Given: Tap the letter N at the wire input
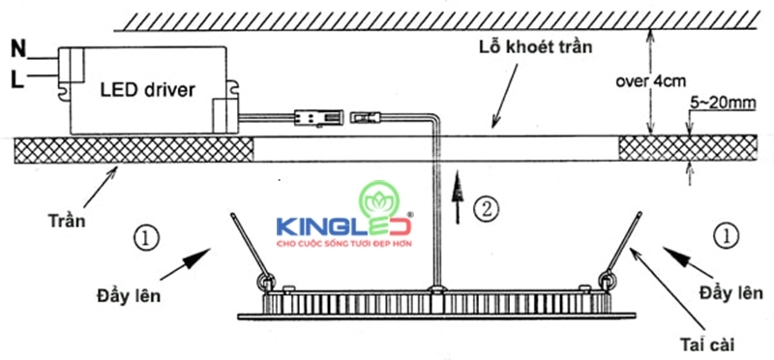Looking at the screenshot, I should (17, 46).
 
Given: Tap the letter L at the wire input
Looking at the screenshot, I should (17, 79).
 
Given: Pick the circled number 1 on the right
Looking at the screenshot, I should (723, 232).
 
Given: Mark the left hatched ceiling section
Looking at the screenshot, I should (134, 149).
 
